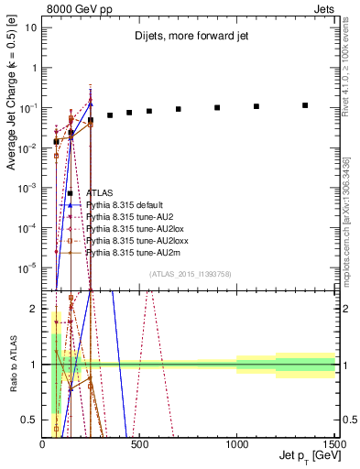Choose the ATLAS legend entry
tap(99, 193)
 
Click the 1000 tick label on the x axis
tap(236, 444)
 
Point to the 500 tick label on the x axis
tap(140, 444)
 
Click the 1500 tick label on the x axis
tap(333, 444)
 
